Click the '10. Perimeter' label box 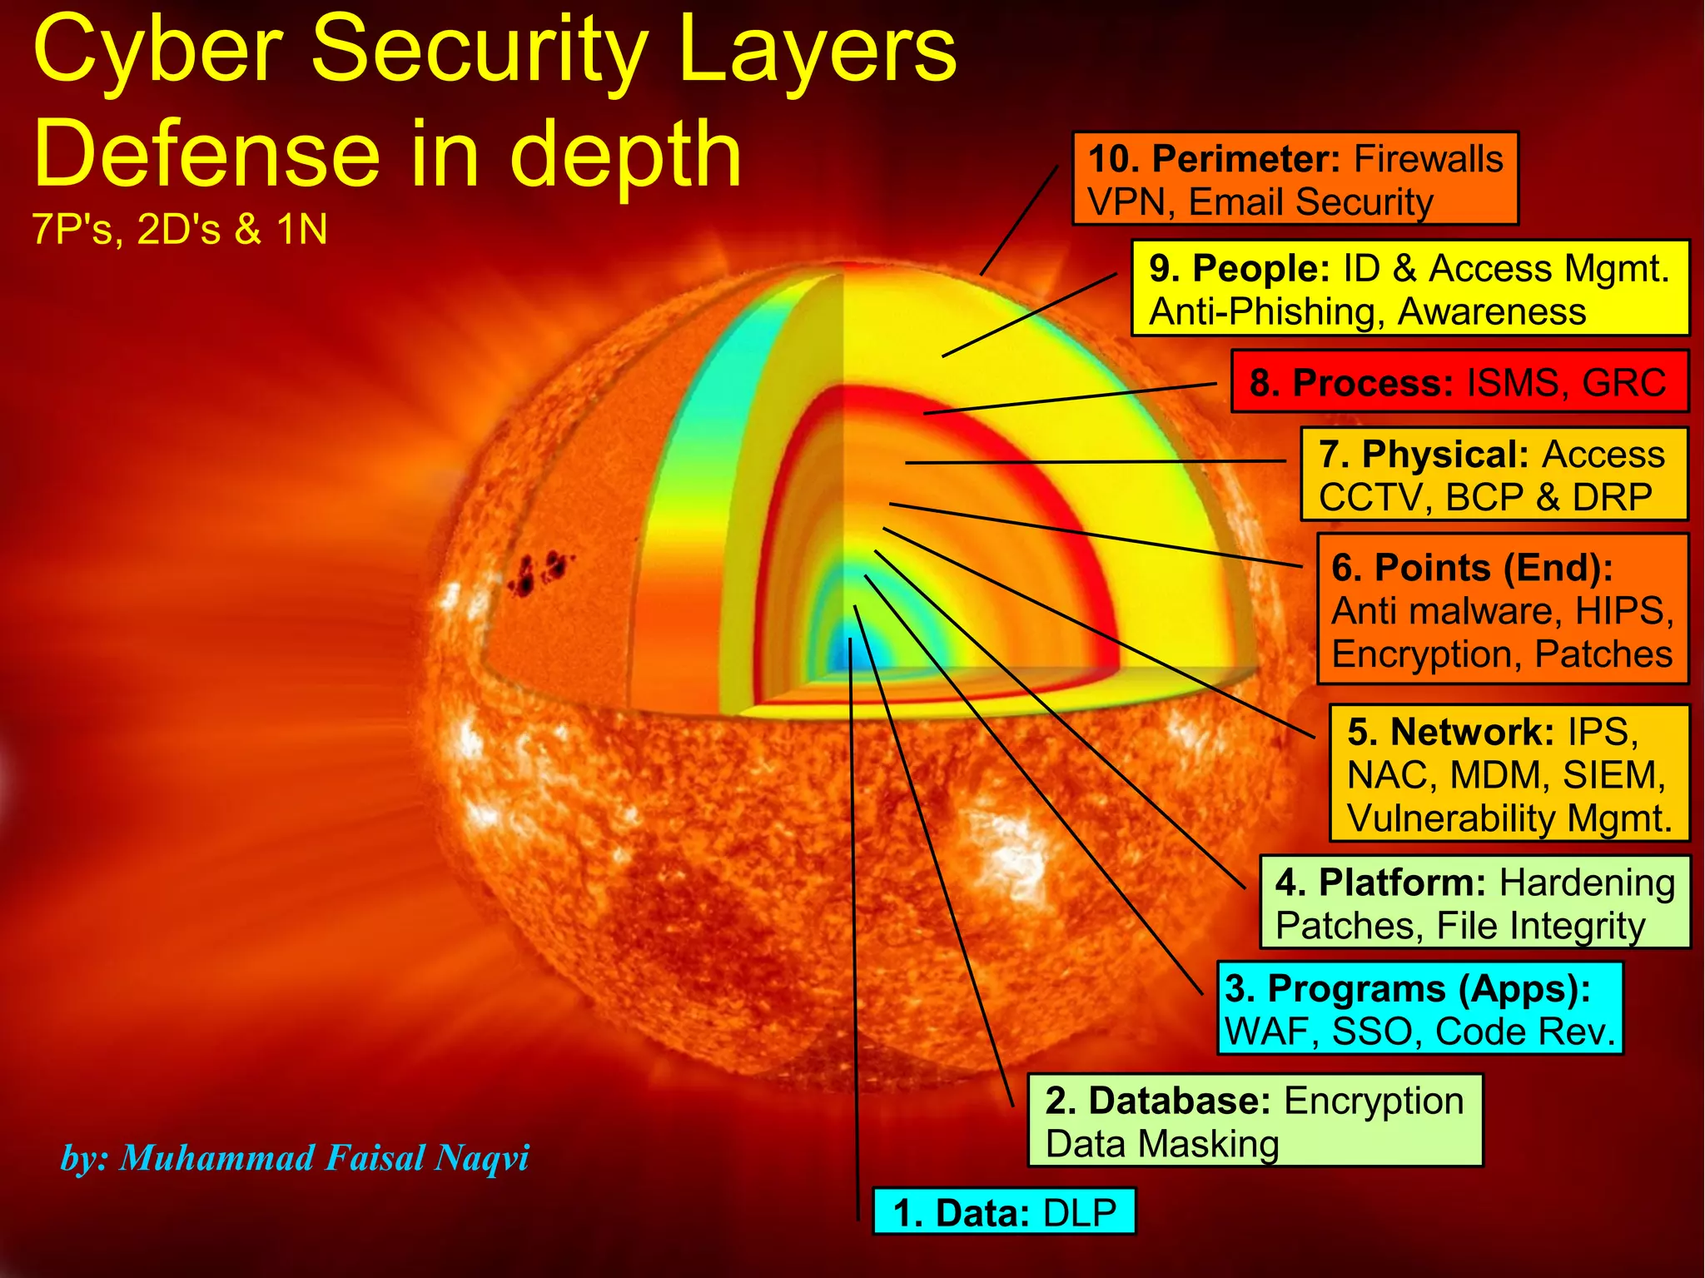[x=1295, y=179]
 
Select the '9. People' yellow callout [x=1409, y=288]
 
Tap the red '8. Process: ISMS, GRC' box [x=1459, y=382]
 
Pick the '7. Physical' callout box [x=1494, y=475]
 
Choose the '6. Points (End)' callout [x=1502, y=609]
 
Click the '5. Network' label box [x=1509, y=773]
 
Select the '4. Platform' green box [x=1474, y=903]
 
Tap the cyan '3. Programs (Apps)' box [x=1419, y=1009]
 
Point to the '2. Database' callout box [x=1255, y=1121]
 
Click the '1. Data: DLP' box [x=1004, y=1212]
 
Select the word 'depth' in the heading [x=624, y=154]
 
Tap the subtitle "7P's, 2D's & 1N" [x=180, y=229]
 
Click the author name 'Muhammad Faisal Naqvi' [x=324, y=1157]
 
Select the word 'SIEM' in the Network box [x=1612, y=775]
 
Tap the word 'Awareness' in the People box [x=1492, y=312]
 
